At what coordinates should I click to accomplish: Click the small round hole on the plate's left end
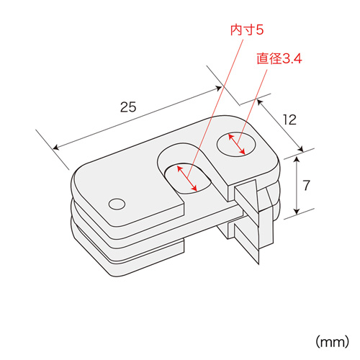[x=116, y=204]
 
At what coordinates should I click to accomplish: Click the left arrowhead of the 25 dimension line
[x=56, y=148]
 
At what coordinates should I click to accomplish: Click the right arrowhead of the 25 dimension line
[x=219, y=89]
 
